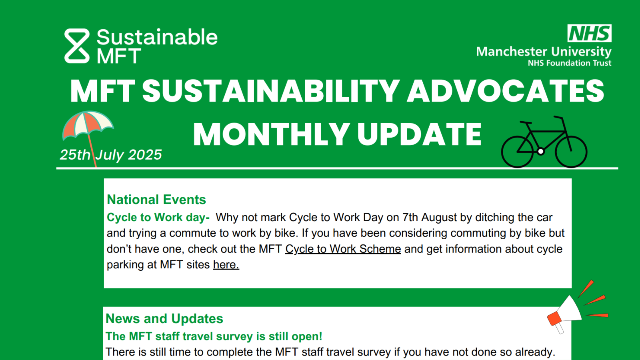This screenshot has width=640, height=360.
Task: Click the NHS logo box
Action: [x=590, y=33]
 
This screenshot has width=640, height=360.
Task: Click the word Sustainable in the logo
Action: [x=157, y=37]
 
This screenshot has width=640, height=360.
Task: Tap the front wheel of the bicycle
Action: [x=571, y=152]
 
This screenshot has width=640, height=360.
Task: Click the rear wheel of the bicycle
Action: [x=518, y=152]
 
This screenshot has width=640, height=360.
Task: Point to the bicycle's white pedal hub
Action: [x=540, y=151]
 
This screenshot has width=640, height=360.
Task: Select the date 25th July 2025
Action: [x=111, y=155]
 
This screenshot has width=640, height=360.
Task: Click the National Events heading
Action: [x=156, y=200]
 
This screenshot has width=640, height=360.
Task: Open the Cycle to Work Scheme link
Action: [x=343, y=249]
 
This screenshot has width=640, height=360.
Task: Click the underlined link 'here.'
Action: [x=226, y=264]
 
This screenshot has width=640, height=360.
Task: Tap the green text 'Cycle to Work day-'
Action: [x=158, y=218]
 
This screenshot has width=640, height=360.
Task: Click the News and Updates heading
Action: [x=164, y=318]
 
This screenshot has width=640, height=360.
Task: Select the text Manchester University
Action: [x=544, y=52]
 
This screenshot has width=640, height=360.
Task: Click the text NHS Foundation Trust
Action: [x=570, y=63]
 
